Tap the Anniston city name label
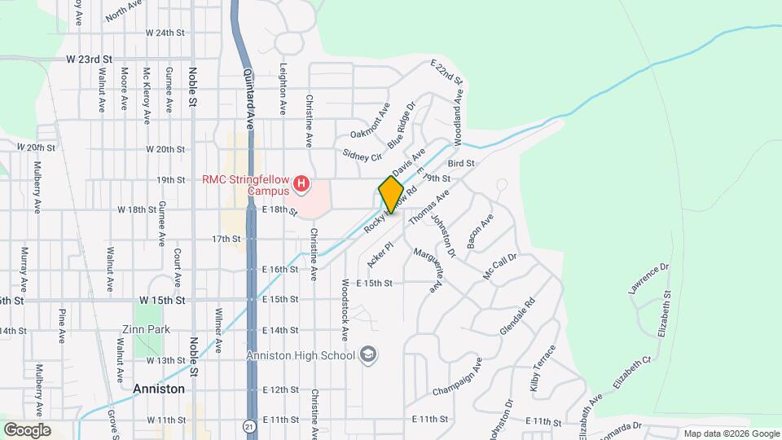click(x=158, y=389)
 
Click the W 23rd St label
click(x=89, y=59)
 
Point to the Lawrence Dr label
click(x=648, y=279)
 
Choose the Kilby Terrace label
click(x=543, y=369)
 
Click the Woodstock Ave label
click(x=345, y=309)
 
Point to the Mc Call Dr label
click(x=499, y=266)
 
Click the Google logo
click(x=28, y=429)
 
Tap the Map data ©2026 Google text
click(x=731, y=433)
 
